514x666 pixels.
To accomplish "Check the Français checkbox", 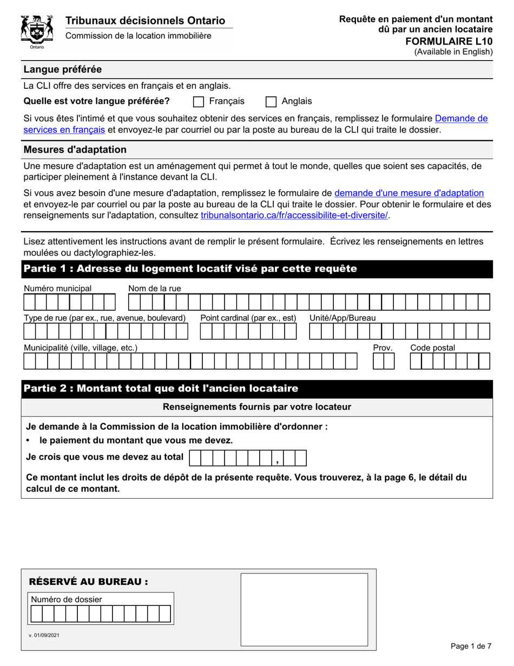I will (x=199, y=102).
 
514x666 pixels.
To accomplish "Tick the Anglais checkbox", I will (x=272, y=102).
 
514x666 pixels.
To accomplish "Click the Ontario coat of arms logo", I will (x=36, y=31).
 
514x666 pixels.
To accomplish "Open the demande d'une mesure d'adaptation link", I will (x=409, y=193).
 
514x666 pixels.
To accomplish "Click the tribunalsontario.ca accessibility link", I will (x=294, y=215).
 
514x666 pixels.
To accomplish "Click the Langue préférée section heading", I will (x=62, y=69).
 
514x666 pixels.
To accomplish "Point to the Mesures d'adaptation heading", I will (x=75, y=149).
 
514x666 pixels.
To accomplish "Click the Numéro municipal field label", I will (x=58, y=288).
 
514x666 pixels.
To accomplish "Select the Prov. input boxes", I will (x=384, y=361).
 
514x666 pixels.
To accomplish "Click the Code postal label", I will (x=432, y=348).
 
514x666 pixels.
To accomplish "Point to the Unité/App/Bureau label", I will (x=342, y=318).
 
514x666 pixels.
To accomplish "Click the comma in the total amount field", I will (x=277, y=461).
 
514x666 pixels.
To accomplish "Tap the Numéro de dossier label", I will (x=67, y=599).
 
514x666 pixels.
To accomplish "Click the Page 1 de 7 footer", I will (x=471, y=646).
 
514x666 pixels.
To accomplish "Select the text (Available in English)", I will (x=453, y=52).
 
